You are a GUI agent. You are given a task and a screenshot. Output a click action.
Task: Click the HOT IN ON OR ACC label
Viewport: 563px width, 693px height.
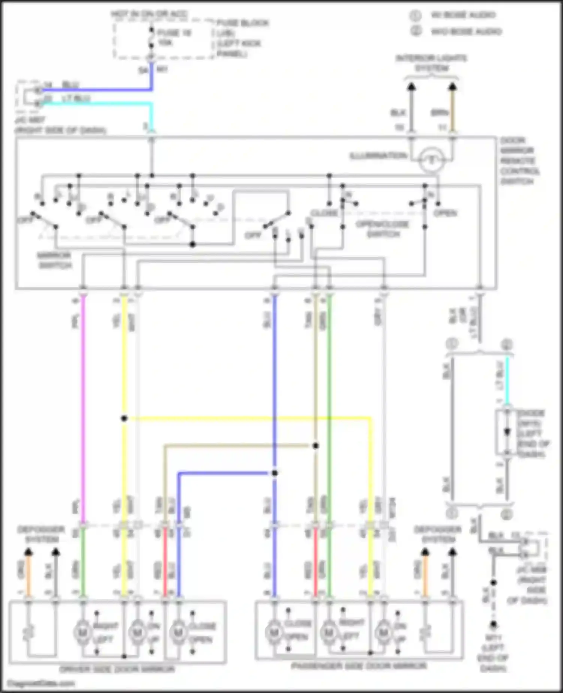[x=149, y=14]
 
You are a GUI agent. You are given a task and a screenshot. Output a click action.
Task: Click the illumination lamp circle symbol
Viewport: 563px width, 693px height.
[x=431, y=161]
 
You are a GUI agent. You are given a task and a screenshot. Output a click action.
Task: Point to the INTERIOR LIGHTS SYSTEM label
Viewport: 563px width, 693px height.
[x=432, y=63]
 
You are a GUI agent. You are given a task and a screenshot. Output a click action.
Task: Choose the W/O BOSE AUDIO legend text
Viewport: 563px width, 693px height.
[x=465, y=31]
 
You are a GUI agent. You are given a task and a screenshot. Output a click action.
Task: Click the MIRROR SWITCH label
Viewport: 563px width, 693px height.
[x=54, y=261]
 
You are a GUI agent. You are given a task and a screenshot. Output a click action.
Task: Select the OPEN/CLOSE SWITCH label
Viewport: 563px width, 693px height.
[x=382, y=229]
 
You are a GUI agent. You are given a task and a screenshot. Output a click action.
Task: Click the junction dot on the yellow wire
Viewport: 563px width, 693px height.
[x=124, y=418]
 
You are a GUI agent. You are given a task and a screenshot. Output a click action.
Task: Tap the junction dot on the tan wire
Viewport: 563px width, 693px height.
[x=316, y=446]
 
